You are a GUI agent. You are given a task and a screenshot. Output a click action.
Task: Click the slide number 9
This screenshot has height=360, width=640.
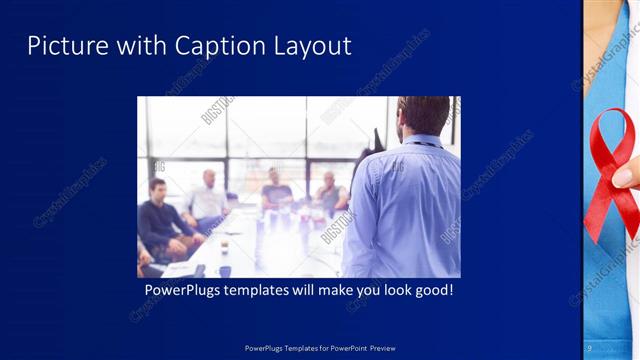pos(590,347)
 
